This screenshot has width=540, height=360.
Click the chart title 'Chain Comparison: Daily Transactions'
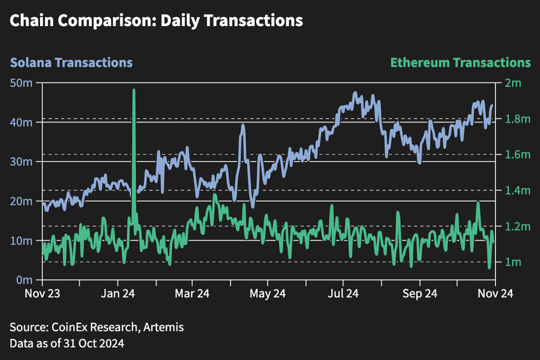point(156,20)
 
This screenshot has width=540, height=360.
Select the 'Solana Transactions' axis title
point(71,63)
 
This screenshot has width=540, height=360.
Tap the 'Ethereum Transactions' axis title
point(460,63)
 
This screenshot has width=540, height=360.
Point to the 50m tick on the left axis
point(25,83)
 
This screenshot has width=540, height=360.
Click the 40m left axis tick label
point(25,123)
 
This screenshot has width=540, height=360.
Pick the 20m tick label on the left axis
point(25,201)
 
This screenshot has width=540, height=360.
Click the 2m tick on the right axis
point(513,83)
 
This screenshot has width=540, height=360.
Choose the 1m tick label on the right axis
point(513,262)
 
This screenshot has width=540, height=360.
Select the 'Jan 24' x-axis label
point(118,293)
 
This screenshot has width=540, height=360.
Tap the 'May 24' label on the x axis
point(269,293)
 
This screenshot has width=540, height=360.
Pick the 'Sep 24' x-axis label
point(419,293)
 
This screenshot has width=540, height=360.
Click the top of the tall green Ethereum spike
point(134,90)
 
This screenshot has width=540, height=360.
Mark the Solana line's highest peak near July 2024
point(355,93)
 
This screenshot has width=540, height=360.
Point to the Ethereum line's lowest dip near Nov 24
point(489,267)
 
